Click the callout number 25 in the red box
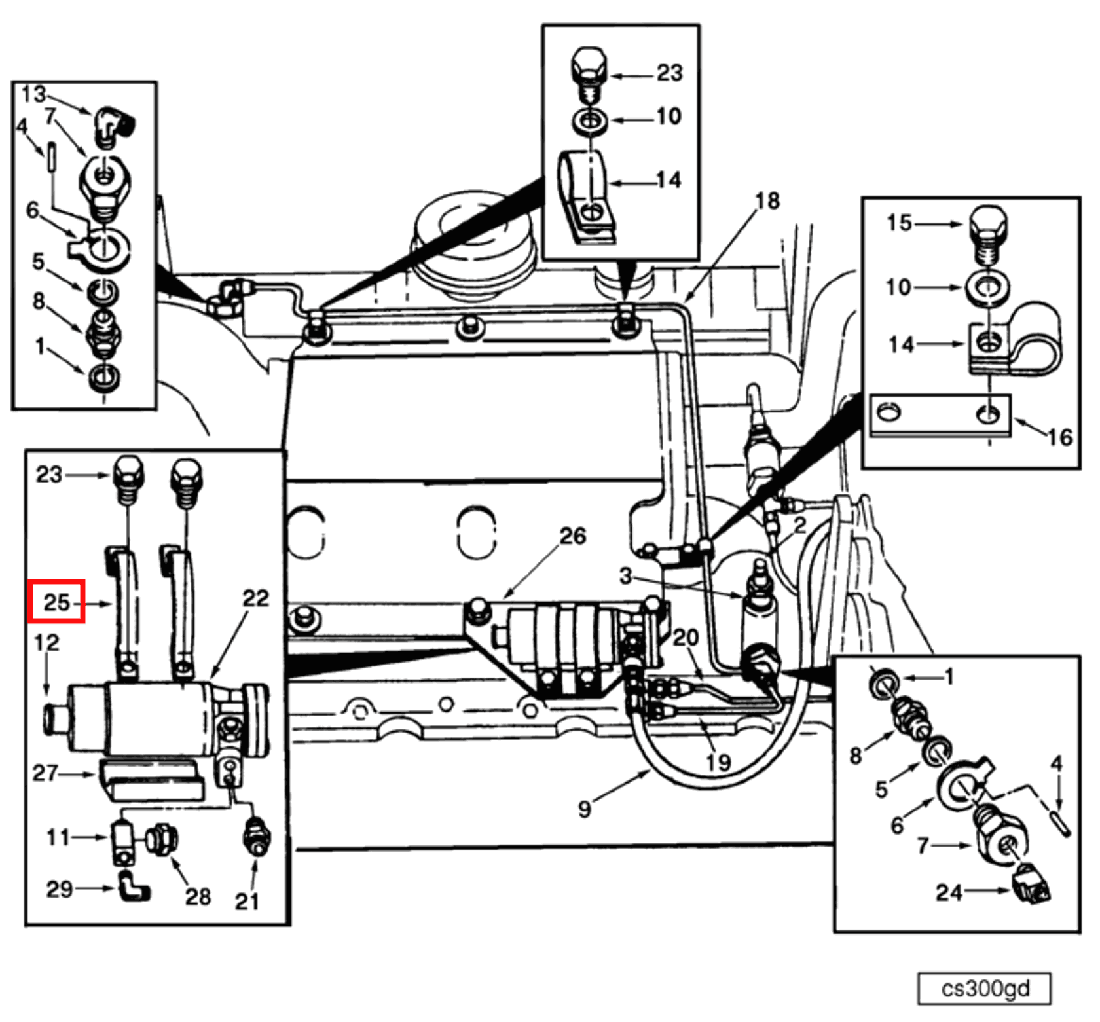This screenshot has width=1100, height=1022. pos(56,601)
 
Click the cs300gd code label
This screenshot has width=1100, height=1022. pos(985,988)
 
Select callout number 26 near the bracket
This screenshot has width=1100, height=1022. pos(572,536)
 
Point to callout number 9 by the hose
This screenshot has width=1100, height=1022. pos(585,809)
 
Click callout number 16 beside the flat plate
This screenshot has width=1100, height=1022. pos(1059,437)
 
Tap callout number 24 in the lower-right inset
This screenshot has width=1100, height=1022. pos(949,892)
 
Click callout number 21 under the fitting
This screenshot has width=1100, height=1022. pos(247,902)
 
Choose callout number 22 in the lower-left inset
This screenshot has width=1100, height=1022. pos(255,598)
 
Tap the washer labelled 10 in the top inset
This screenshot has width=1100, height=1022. pos(591,121)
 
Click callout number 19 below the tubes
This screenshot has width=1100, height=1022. pos(718,761)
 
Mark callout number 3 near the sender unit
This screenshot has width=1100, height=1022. pos(625,576)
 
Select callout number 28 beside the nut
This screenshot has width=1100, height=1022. pos(198,896)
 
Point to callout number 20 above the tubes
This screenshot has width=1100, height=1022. pos(686,636)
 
